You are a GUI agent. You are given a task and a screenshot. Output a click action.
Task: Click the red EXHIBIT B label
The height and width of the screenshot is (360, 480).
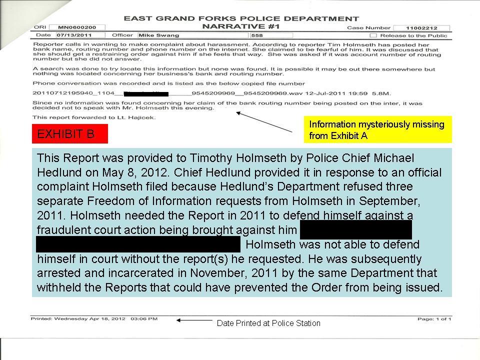click(x=69, y=134)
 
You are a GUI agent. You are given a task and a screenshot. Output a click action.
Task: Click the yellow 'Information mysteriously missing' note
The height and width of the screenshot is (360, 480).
click(x=377, y=129)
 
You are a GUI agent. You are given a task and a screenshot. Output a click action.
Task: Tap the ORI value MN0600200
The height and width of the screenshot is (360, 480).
click(x=73, y=27)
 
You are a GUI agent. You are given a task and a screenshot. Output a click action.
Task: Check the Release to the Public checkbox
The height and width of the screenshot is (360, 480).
click(x=372, y=35)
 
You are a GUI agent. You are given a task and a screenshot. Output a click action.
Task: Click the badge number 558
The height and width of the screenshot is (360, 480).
click(x=257, y=35)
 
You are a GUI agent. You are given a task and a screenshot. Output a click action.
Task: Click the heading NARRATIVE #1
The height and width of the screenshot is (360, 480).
click(x=241, y=26)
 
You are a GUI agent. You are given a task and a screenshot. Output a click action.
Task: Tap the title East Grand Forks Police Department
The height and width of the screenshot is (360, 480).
click(x=241, y=19)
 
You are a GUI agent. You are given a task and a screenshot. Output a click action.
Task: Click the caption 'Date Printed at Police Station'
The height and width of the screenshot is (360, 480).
click(x=268, y=323)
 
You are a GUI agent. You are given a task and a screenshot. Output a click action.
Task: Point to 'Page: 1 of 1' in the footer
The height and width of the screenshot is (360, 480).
click(x=434, y=318)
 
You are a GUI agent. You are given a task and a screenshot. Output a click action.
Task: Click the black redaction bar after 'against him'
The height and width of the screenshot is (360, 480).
click(x=356, y=230)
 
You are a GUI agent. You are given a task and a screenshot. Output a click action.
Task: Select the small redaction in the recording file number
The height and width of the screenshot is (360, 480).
click(x=146, y=93)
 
